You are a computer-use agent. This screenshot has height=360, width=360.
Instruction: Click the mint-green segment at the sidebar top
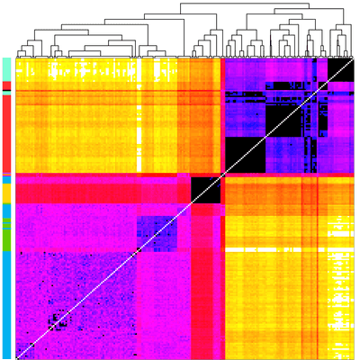point(6,69)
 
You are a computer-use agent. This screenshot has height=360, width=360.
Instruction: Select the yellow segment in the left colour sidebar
point(6,193)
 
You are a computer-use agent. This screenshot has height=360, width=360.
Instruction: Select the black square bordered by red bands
point(205,189)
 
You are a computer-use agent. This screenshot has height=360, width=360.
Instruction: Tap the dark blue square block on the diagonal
point(152,232)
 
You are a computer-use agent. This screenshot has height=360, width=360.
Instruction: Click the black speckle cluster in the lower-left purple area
point(58,321)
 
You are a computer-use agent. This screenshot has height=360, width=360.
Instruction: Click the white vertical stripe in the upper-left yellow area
point(138,135)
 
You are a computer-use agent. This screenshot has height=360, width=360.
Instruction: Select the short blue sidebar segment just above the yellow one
point(6,180)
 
